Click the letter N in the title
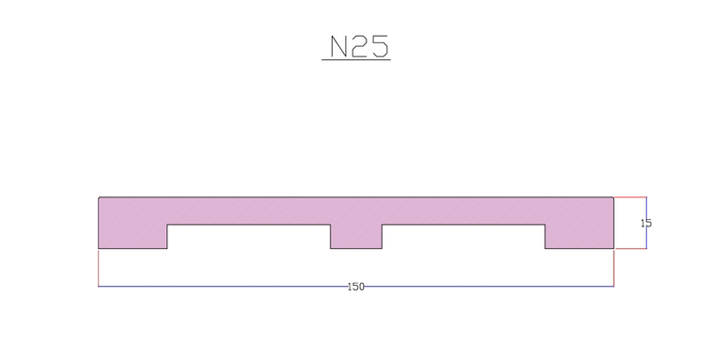point(339,46)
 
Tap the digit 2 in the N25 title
point(360,46)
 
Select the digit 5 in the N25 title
point(379,46)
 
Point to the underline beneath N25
point(356,60)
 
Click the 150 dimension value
point(356,287)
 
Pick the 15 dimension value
point(646,223)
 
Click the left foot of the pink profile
point(133,237)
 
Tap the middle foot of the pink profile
point(356,237)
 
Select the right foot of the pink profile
point(580,237)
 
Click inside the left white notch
point(249,237)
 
